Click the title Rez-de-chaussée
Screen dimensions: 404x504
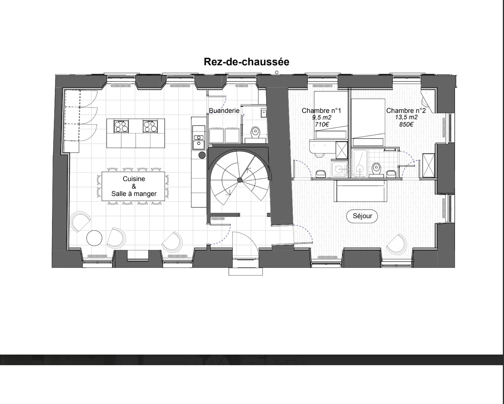pyautogui.click(x=246, y=62)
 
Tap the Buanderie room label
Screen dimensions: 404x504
pyautogui.click(x=224, y=111)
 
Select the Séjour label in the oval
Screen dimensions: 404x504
pyautogui.click(x=362, y=216)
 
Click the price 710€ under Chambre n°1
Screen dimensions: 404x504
pyautogui.click(x=321, y=124)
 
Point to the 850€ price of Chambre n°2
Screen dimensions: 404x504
pyautogui.click(x=406, y=124)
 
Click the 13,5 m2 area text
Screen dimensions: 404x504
pyautogui.click(x=406, y=117)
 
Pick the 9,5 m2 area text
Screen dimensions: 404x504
pyautogui.click(x=321, y=117)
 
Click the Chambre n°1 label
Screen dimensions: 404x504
pyautogui.click(x=321, y=111)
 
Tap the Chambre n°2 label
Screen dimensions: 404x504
pyautogui.click(x=406, y=111)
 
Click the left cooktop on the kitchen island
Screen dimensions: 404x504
pyautogui.click(x=121, y=126)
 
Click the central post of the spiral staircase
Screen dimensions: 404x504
pyautogui.click(x=240, y=180)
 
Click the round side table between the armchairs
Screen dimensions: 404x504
pyautogui.click(x=94, y=238)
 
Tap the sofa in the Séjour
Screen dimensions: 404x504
pyautogui.click(x=361, y=191)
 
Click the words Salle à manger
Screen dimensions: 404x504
pyautogui.click(x=134, y=194)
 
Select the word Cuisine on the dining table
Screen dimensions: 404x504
pyautogui.click(x=134, y=179)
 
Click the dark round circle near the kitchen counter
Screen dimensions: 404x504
pyautogui.click(x=202, y=155)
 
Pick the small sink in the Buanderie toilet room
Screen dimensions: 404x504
pyautogui.click(x=263, y=113)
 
